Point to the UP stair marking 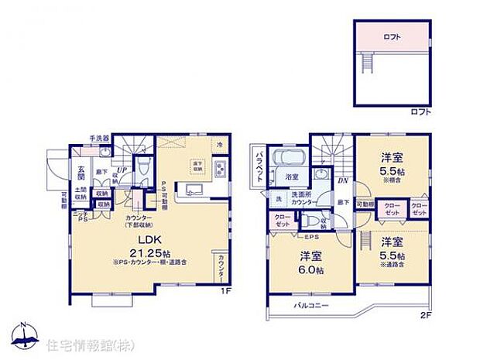pyautogui.click(x=121, y=170)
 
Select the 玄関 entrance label pyautogui.click(x=81, y=171)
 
